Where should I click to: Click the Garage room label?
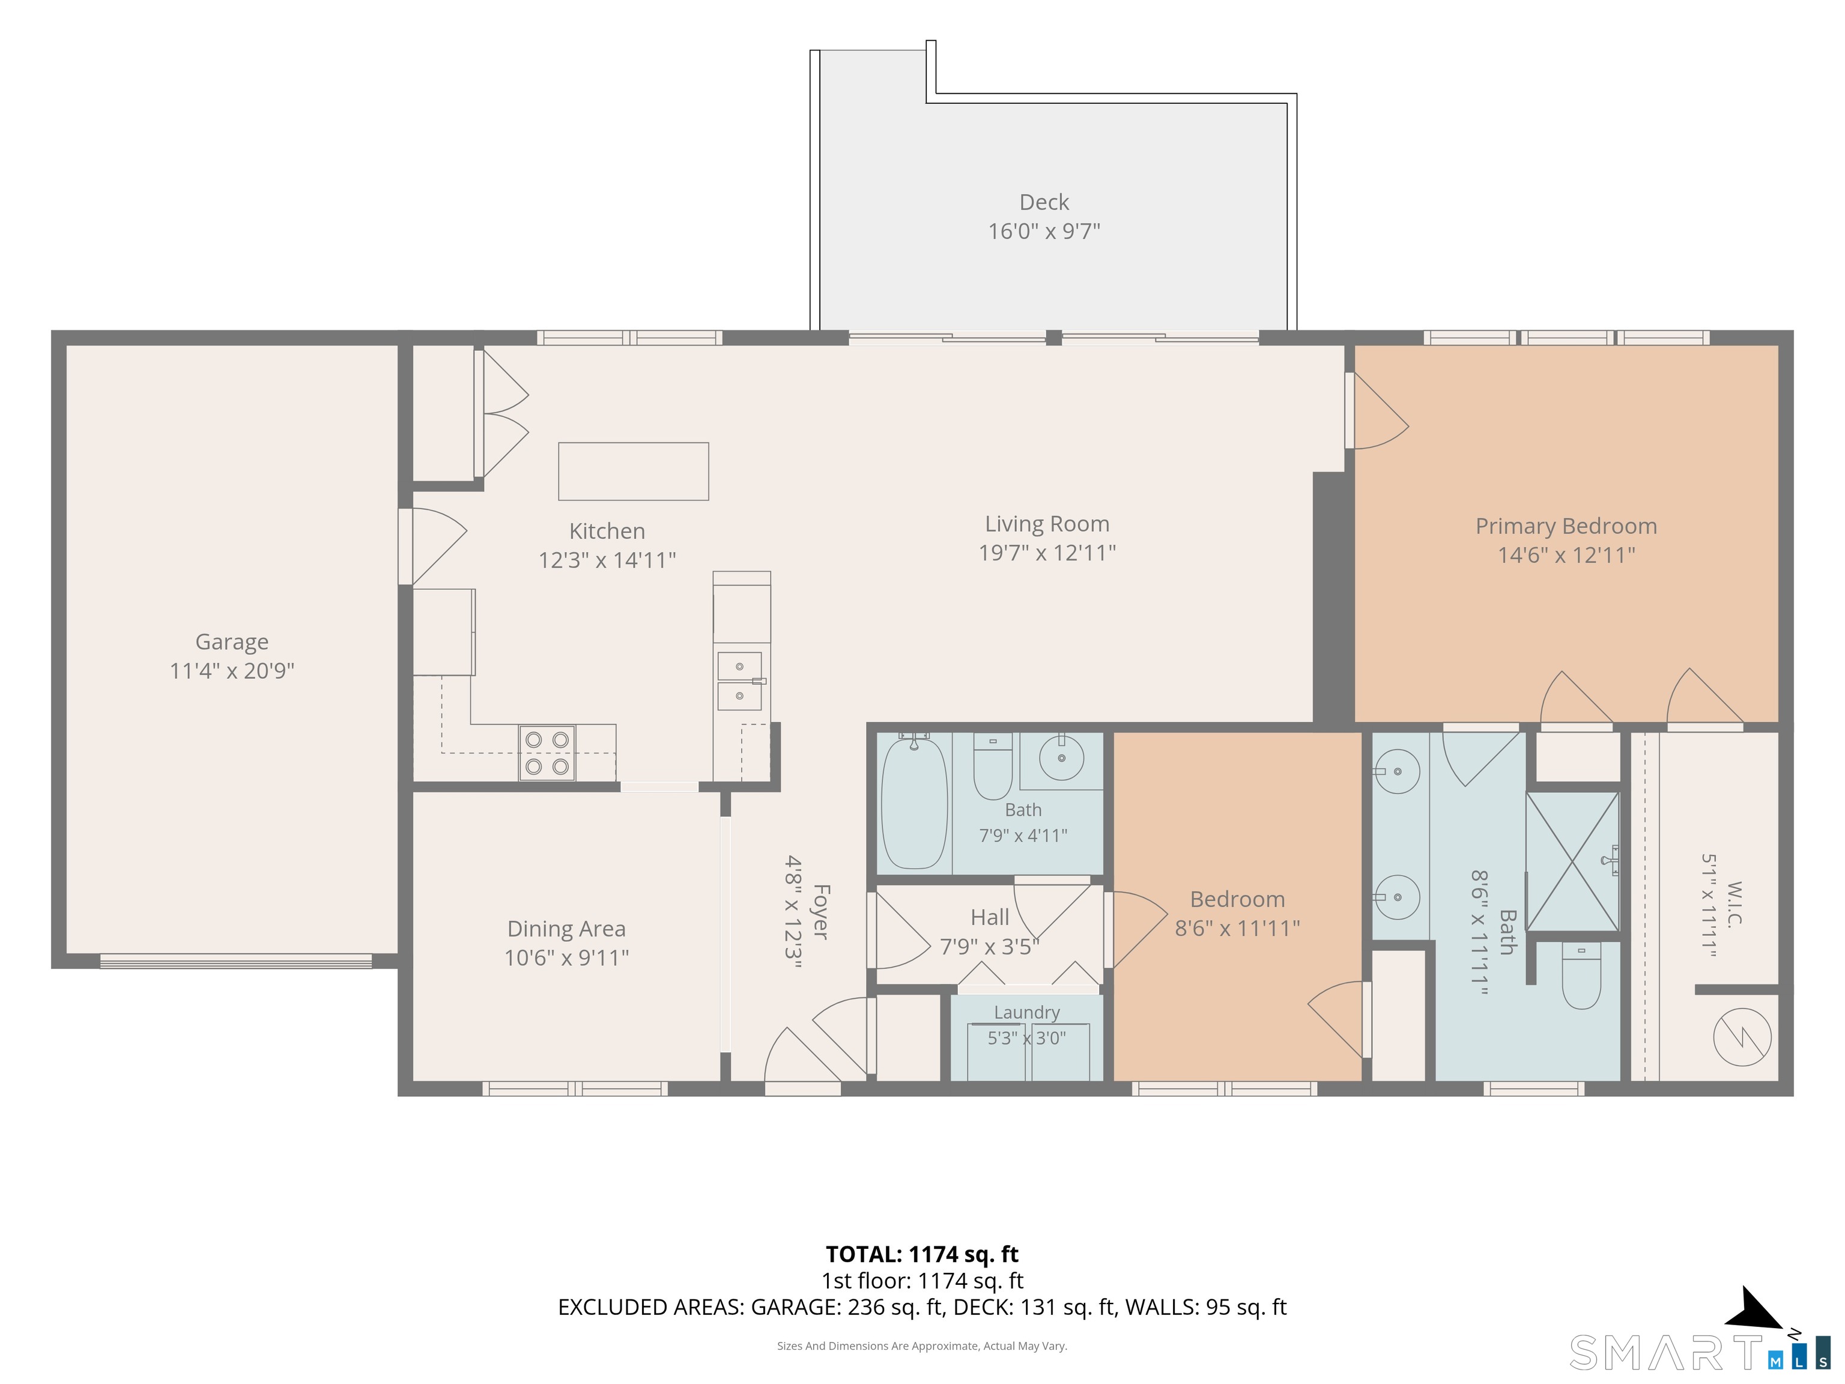point(232,642)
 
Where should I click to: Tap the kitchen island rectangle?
point(633,472)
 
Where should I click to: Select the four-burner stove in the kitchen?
point(547,753)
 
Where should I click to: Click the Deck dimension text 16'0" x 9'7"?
point(1044,231)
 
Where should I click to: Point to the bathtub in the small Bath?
point(914,801)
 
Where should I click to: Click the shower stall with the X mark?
point(1572,861)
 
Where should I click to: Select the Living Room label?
point(1047,524)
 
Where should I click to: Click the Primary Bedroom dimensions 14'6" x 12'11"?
point(1566,555)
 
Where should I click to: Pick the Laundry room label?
point(1027,1012)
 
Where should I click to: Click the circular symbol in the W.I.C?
point(1742,1037)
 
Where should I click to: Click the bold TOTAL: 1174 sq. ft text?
point(922,1254)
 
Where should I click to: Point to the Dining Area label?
point(566,929)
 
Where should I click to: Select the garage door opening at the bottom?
point(236,961)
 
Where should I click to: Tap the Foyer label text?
point(820,912)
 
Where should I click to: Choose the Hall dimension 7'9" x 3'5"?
point(989,947)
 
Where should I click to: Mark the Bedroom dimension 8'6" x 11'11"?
point(1237,927)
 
